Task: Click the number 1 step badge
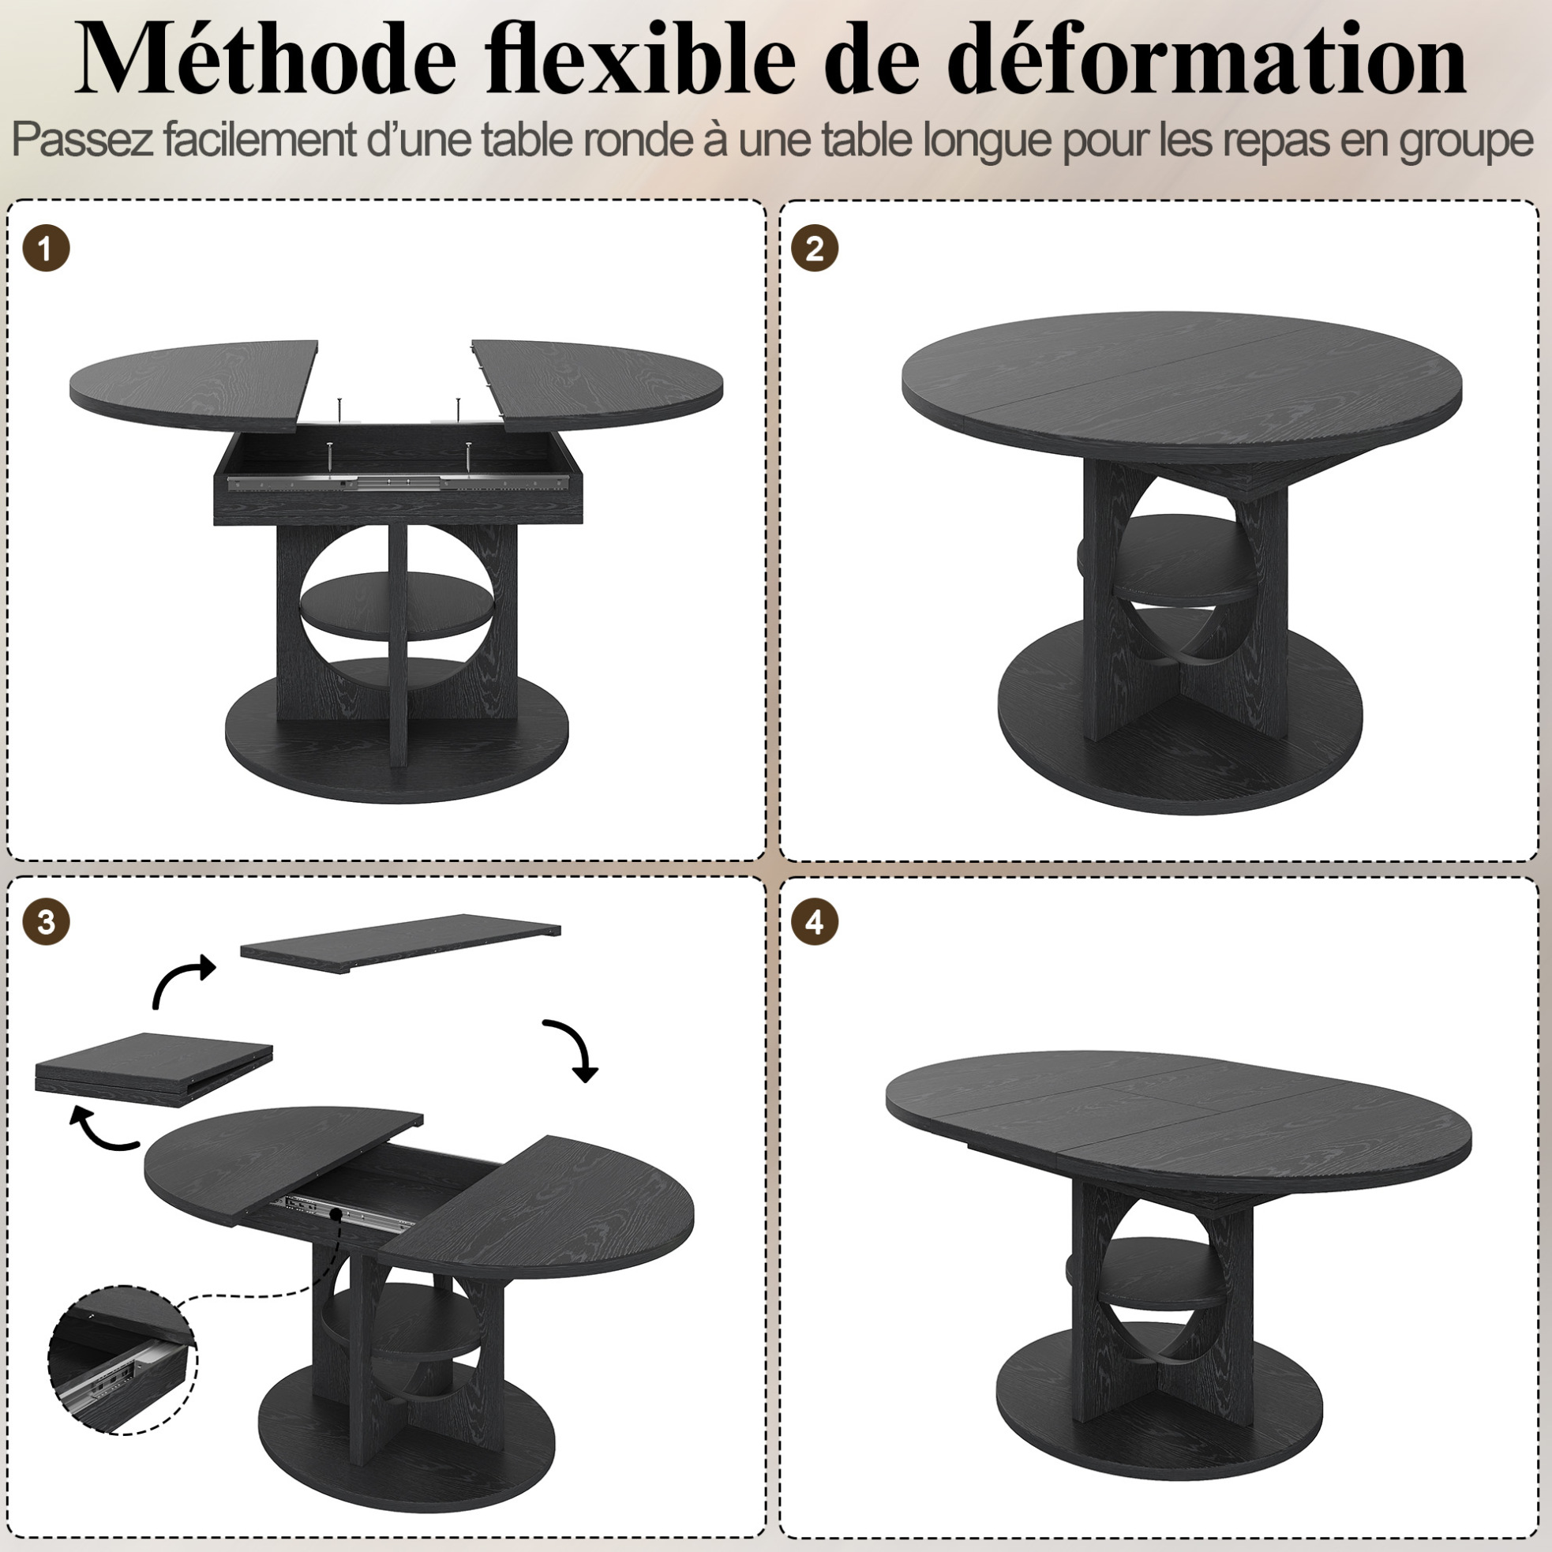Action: coord(46,248)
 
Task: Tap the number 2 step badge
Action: coord(815,248)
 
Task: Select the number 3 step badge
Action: coord(46,922)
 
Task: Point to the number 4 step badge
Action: coord(815,922)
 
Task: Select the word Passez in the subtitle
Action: coord(83,140)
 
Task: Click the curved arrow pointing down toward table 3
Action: coord(572,1049)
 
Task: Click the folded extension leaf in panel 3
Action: coord(154,1070)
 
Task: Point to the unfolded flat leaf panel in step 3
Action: coord(401,943)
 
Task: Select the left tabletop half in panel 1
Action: coord(193,384)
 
